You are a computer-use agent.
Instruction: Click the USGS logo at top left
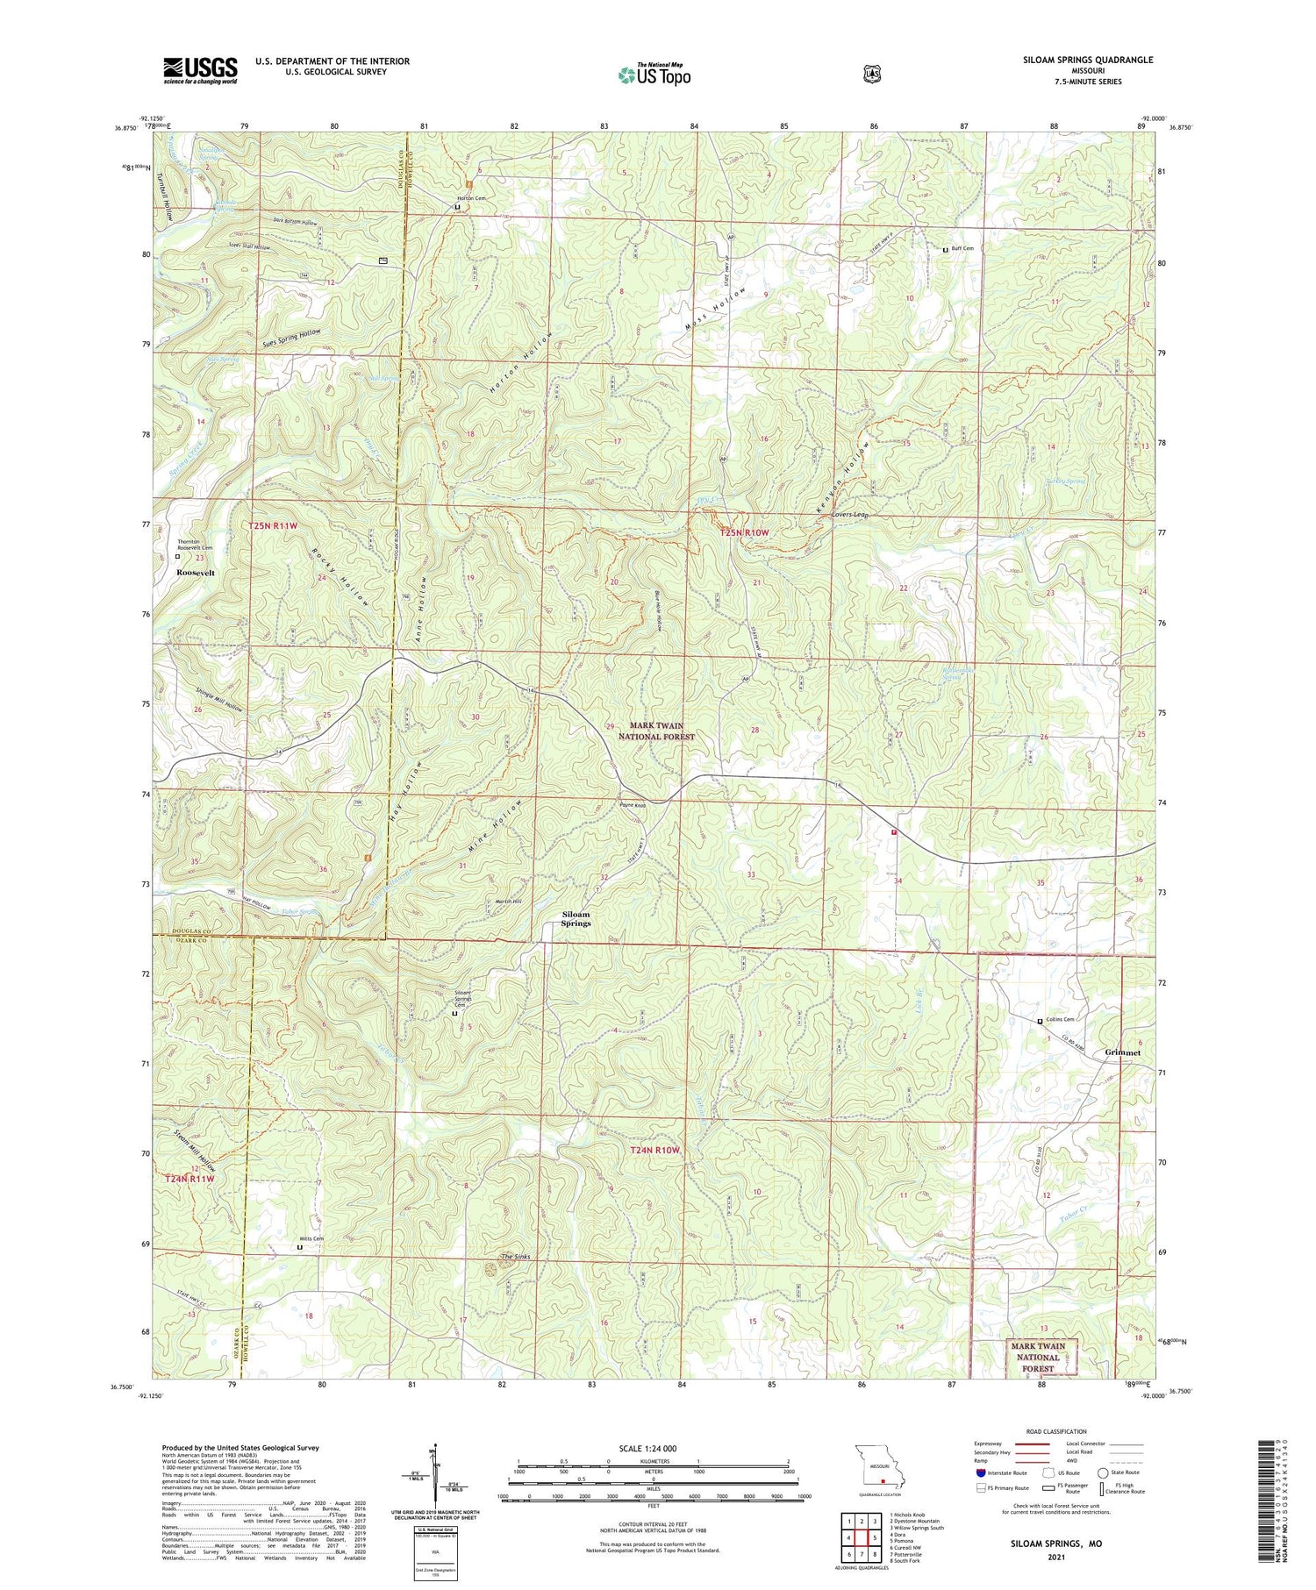click(x=200, y=70)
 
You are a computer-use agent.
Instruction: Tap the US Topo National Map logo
click(x=654, y=75)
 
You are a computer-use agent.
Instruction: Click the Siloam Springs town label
click(x=576, y=918)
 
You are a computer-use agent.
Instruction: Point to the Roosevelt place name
click(x=197, y=572)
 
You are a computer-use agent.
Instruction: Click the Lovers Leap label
click(x=850, y=515)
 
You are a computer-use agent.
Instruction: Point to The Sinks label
click(x=515, y=1257)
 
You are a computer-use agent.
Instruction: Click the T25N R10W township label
click(x=744, y=532)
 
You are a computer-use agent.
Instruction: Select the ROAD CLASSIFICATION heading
click(x=1051, y=1432)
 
